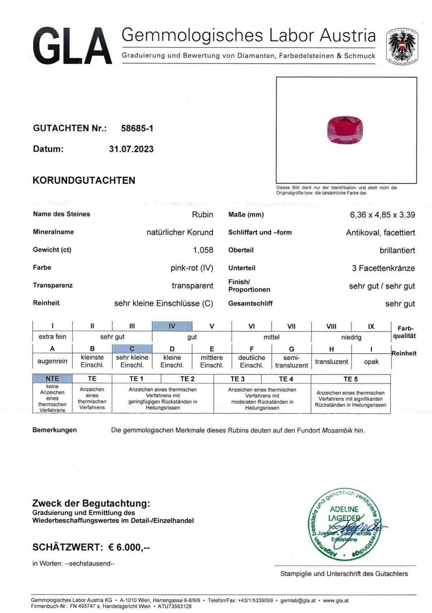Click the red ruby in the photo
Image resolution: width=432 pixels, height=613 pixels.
(x=345, y=130)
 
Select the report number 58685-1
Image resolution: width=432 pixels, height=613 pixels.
(x=137, y=128)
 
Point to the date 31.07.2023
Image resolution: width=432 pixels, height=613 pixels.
(x=131, y=149)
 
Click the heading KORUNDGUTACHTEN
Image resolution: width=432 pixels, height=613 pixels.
(x=84, y=180)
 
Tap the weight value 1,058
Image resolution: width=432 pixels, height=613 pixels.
(x=203, y=250)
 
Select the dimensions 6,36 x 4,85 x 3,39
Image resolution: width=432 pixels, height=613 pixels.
(x=382, y=215)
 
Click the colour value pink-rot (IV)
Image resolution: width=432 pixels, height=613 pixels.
(x=192, y=268)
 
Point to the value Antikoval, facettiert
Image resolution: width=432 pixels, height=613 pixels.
(x=380, y=233)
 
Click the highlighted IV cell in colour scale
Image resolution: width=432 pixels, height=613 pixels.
(x=172, y=326)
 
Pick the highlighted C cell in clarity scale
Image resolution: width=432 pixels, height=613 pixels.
(x=132, y=349)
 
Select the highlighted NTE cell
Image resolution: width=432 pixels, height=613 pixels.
(x=52, y=379)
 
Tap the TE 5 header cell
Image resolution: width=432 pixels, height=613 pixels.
(x=350, y=379)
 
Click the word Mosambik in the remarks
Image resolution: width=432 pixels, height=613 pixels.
(x=337, y=430)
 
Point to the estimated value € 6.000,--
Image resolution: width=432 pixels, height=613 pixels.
(x=129, y=547)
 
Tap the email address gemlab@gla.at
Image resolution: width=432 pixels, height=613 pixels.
(x=298, y=600)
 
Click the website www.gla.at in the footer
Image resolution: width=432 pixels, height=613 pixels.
(x=336, y=600)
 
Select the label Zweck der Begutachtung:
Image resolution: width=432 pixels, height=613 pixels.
(x=91, y=503)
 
